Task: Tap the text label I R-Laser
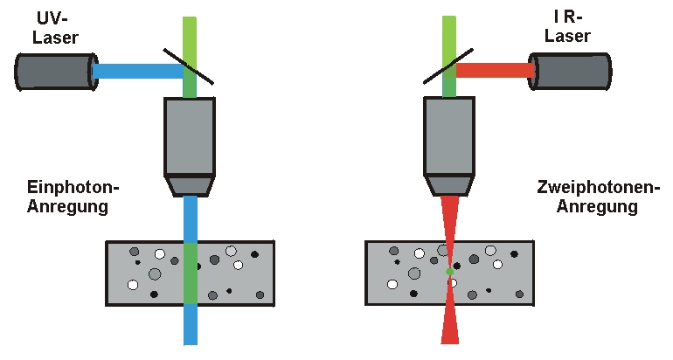pyautogui.click(x=567, y=28)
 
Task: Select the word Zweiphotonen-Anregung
pyautogui.click(x=586, y=197)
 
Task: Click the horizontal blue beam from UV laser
pyautogui.click(x=135, y=71)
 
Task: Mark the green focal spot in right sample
pyautogui.click(x=449, y=272)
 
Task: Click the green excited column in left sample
pyautogui.click(x=190, y=273)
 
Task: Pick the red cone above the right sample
pyautogui.click(x=449, y=218)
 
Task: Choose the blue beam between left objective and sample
pyautogui.click(x=190, y=218)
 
